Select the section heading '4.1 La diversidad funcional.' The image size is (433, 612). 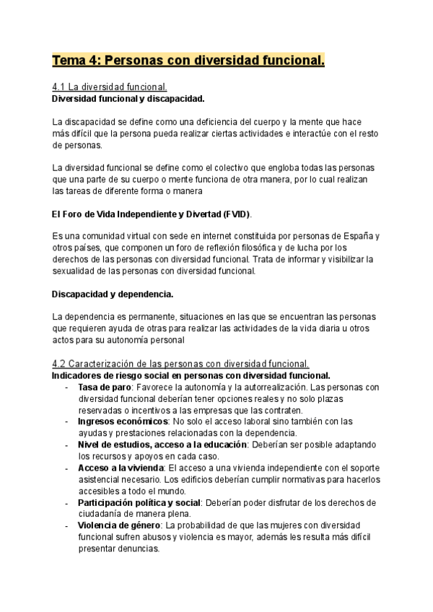coord(110,87)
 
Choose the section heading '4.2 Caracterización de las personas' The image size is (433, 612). coord(180,364)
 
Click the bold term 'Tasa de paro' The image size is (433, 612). coord(105,387)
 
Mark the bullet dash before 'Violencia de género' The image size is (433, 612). coord(66,525)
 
